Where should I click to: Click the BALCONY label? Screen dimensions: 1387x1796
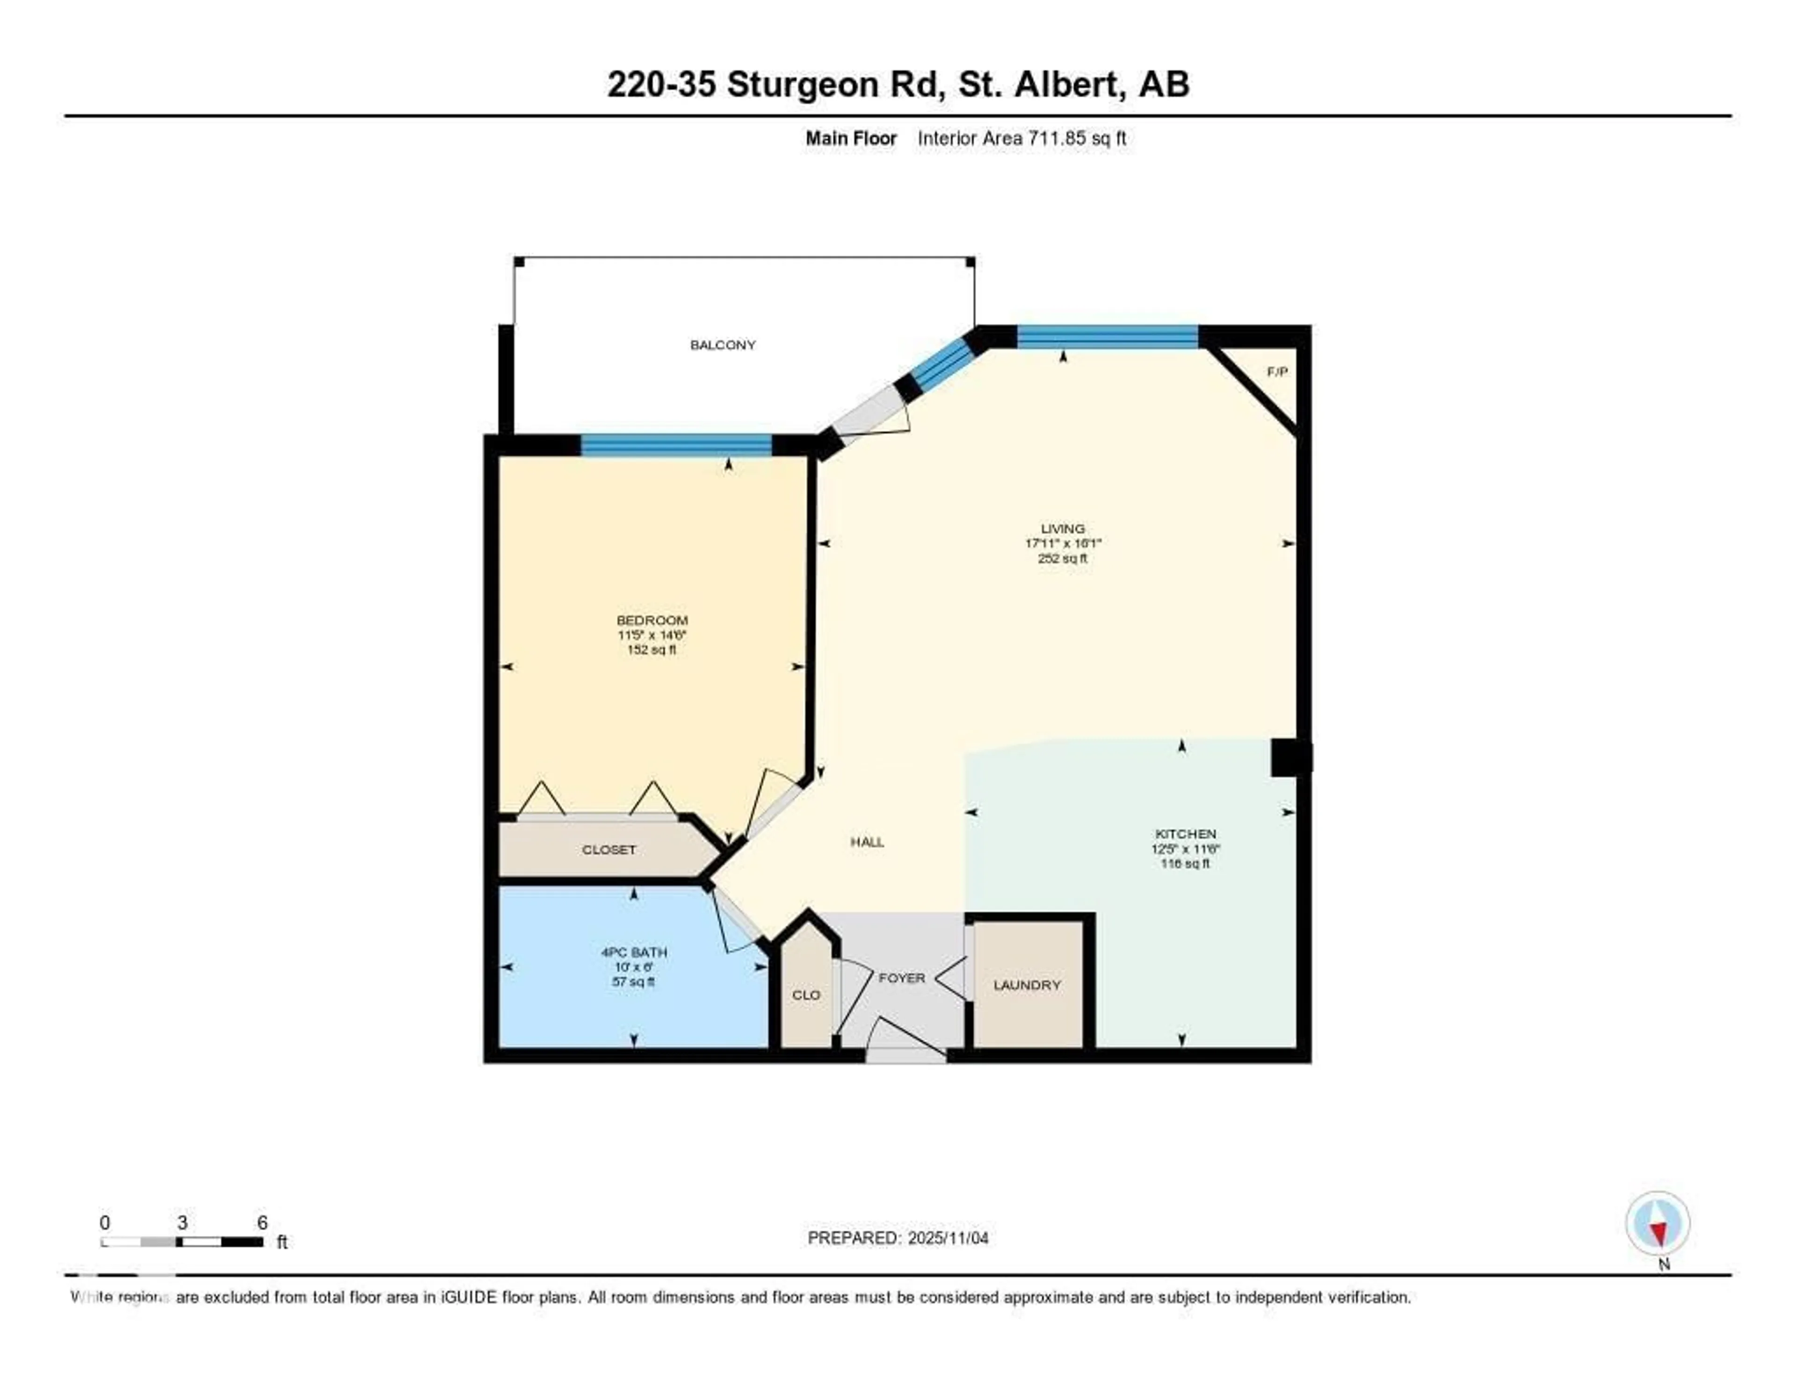(722, 345)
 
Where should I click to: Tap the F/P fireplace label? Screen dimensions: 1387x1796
(1277, 372)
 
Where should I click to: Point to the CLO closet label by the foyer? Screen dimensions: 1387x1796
(806, 995)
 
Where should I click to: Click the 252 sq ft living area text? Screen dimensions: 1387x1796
(1063, 558)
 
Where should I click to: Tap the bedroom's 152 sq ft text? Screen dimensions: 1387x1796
(652, 650)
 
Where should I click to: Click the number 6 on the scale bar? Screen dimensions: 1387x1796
(262, 1222)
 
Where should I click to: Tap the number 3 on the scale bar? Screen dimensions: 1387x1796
(182, 1222)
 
